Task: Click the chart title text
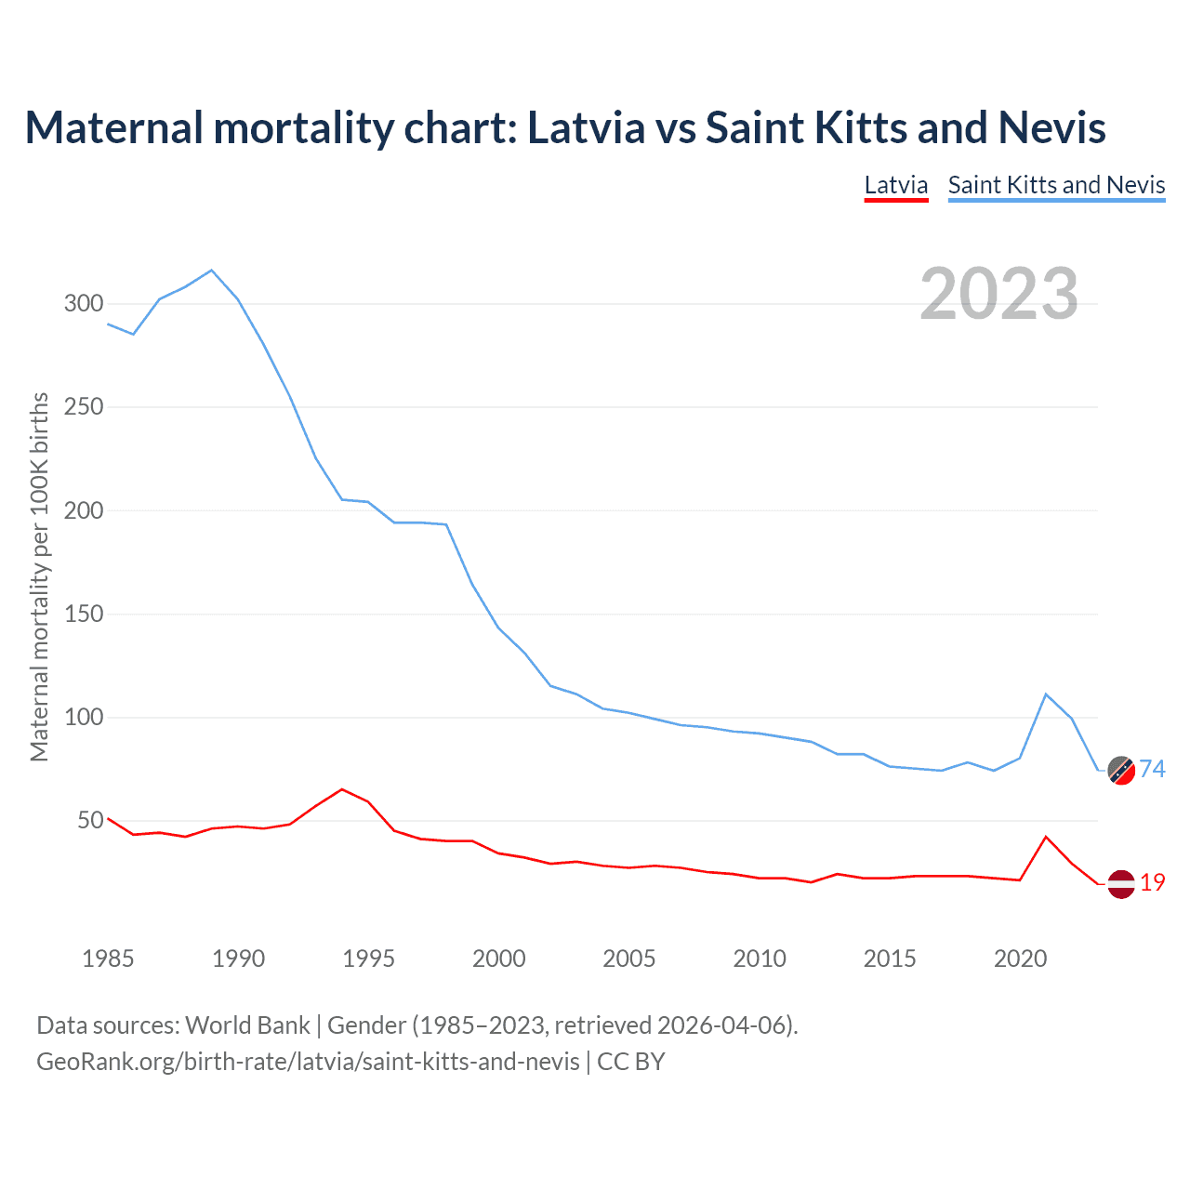[x=565, y=128]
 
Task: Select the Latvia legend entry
[x=896, y=185]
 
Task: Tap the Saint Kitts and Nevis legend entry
[x=1056, y=185]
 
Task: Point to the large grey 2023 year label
[x=999, y=294]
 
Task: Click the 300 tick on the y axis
[x=84, y=304]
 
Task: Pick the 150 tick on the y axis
[x=84, y=615]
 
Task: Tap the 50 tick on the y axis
[x=90, y=821]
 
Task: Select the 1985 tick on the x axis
[x=108, y=959]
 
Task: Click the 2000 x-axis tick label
[x=499, y=959]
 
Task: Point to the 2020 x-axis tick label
[x=1020, y=959]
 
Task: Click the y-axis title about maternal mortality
[x=39, y=576]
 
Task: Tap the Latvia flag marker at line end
[x=1121, y=884]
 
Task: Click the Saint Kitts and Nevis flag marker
[x=1121, y=770]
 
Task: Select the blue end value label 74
[x=1153, y=769]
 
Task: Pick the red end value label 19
[x=1153, y=883]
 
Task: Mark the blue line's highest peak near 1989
[x=212, y=271]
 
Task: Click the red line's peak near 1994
[x=342, y=789]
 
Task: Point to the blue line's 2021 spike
[x=1046, y=694]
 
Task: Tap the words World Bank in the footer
[x=247, y=1025]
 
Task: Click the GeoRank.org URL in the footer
[x=308, y=1062]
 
